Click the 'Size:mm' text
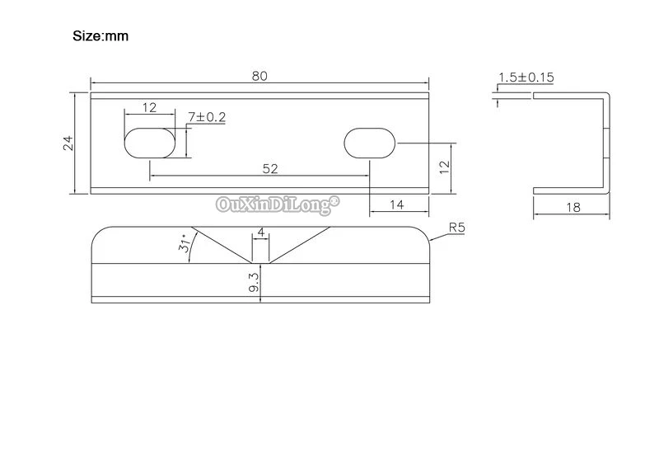point(100,36)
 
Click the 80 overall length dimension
point(259,76)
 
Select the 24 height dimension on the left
point(68,143)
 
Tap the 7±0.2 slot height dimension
point(207,117)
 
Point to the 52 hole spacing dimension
point(270,169)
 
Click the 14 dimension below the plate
point(397,204)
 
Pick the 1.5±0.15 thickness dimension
point(526,78)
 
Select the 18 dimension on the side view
point(573,208)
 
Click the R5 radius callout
point(457,228)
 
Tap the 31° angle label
point(185,243)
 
